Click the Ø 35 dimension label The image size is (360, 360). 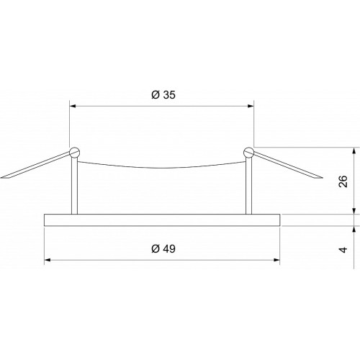point(163,95)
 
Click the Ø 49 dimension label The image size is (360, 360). point(163,249)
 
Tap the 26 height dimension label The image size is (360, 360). point(343,181)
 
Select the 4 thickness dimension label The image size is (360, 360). point(343,250)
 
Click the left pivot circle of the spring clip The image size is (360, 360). point(74,153)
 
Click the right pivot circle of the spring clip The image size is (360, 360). point(248,153)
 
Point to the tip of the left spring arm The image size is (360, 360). point(1,178)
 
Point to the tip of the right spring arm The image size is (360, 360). point(323,178)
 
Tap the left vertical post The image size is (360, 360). point(74,186)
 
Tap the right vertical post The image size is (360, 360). point(248,186)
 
